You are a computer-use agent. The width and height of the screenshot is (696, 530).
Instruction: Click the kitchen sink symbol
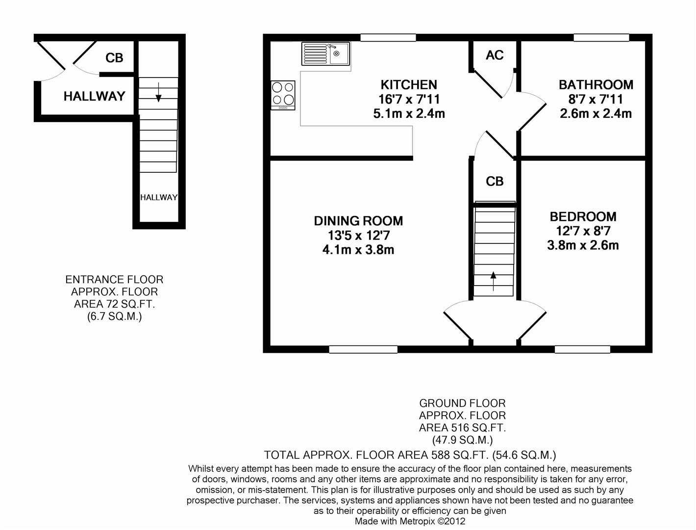(x=325, y=53)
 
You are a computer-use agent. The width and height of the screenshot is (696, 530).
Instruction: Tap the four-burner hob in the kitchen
(x=283, y=95)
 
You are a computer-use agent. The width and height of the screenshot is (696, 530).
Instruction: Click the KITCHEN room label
(x=409, y=84)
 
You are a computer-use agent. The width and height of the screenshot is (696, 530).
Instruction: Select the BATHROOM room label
(x=596, y=84)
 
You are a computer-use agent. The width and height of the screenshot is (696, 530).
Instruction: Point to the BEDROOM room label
(x=583, y=216)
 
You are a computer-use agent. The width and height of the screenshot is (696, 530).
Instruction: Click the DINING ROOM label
(x=358, y=221)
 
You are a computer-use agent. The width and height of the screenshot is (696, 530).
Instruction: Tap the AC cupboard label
(x=495, y=55)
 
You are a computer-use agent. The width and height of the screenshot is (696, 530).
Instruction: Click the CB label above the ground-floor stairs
(x=495, y=182)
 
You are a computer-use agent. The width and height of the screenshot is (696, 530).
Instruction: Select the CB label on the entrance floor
(x=114, y=58)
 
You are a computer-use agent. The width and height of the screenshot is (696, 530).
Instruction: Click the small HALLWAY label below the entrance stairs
(x=159, y=197)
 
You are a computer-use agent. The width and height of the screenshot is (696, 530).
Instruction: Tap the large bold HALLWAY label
(x=95, y=96)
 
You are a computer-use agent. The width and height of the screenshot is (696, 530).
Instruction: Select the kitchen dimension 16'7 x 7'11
(x=409, y=99)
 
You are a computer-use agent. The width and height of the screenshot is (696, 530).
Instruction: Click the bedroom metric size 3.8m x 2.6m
(x=583, y=245)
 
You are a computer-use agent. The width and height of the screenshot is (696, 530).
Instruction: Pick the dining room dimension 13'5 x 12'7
(x=358, y=236)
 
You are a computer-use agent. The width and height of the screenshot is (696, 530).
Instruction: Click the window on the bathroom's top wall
(x=601, y=38)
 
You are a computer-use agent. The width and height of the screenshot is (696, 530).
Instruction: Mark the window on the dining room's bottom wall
(x=363, y=349)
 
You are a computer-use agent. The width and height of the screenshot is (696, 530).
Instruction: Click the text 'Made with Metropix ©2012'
(x=410, y=521)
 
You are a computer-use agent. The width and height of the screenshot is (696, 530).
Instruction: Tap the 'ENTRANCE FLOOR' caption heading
(x=114, y=280)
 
